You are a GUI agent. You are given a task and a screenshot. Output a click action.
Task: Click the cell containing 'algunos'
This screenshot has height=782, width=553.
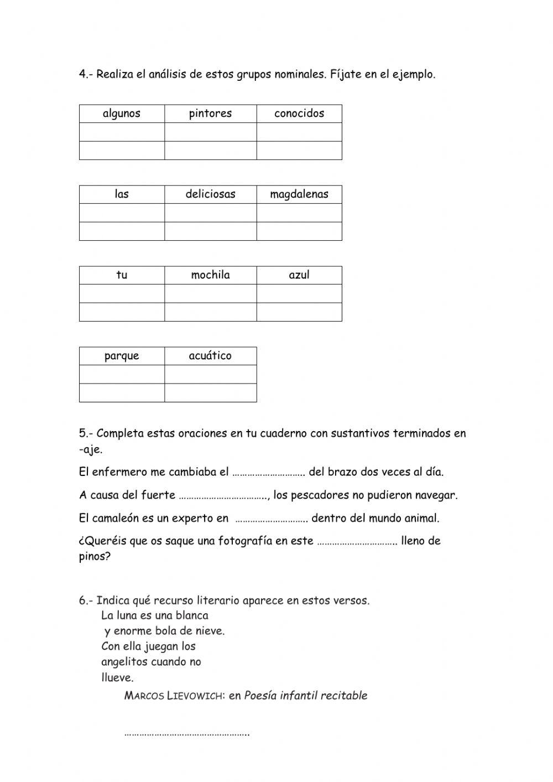[122, 113]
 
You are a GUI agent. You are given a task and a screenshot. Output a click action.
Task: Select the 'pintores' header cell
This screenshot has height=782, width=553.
[210, 113]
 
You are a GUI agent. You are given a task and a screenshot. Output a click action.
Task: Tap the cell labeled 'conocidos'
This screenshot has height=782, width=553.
[299, 113]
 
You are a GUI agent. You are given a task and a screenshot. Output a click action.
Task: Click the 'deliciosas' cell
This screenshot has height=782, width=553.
[210, 194]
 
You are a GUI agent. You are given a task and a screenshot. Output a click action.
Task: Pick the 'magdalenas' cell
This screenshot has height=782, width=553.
[299, 194]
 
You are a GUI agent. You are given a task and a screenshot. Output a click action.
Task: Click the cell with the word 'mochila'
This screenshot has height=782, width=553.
[210, 275]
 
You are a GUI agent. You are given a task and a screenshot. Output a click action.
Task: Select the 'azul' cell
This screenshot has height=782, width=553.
[299, 275]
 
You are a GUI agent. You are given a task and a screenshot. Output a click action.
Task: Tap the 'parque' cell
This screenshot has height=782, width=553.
[122, 356]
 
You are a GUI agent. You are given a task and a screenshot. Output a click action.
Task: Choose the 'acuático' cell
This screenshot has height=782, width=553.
[210, 356]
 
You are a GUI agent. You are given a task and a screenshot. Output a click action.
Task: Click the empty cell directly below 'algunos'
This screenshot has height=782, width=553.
[122, 132]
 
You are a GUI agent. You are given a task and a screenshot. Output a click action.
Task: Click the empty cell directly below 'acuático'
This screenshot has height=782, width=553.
[210, 375]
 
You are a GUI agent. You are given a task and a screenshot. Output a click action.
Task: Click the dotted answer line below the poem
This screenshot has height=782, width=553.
[186, 734]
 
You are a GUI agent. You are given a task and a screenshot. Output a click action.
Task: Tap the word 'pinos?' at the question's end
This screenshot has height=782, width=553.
[95, 557]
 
